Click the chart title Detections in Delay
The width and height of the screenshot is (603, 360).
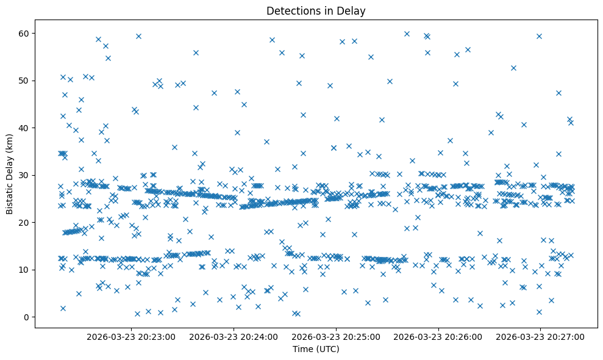(x=316, y=10)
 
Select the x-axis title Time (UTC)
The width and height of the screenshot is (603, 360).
(x=316, y=349)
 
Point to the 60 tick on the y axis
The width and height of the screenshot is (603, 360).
(x=24, y=33)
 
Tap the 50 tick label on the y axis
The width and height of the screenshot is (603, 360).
(x=24, y=81)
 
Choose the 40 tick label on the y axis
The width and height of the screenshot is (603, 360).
(x=24, y=128)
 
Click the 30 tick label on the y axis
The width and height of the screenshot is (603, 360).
(x=24, y=175)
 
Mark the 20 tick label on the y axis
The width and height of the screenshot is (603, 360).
(x=24, y=222)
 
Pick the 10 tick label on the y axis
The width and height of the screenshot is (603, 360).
(x=24, y=270)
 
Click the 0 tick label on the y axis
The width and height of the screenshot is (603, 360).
(x=27, y=317)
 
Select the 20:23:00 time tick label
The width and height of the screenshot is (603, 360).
(x=131, y=336)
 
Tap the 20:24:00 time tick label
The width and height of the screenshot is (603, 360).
(x=234, y=336)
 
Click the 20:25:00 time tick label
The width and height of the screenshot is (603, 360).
(x=336, y=336)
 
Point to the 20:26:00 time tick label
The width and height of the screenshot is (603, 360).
(x=438, y=336)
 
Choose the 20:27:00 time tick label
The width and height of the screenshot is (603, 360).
(x=540, y=336)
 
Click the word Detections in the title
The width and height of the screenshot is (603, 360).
(x=291, y=10)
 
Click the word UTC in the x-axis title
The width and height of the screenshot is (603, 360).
(x=327, y=349)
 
